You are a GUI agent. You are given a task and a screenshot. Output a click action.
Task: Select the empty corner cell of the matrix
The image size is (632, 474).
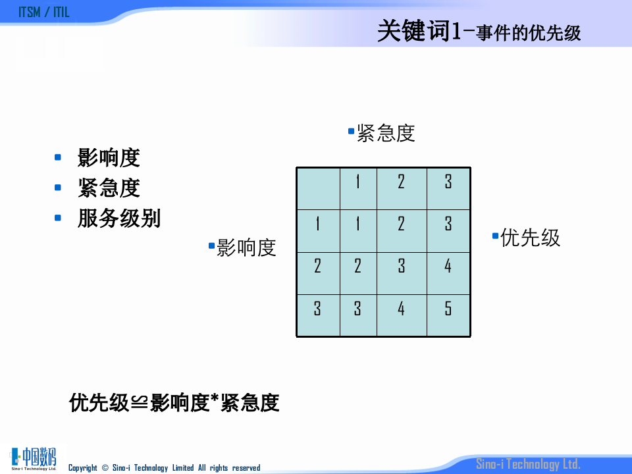pyautogui.click(x=318, y=188)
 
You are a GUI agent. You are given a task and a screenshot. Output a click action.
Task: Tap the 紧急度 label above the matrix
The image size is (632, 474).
pyautogui.click(x=386, y=133)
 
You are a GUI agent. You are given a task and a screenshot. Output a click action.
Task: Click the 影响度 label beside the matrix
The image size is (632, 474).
pyautogui.click(x=246, y=248)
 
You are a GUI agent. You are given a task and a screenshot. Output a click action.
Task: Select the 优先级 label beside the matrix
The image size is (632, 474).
pyautogui.click(x=530, y=237)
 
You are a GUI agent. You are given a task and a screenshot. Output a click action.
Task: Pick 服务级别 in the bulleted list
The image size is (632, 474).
pyautogui.click(x=118, y=219)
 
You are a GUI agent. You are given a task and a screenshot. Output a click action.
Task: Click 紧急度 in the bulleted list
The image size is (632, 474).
pyautogui.click(x=109, y=188)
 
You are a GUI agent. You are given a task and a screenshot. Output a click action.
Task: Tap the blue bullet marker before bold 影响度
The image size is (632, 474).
pyautogui.click(x=58, y=157)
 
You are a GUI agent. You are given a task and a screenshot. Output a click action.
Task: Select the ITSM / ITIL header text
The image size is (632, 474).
pyautogui.click(x=43, y=13)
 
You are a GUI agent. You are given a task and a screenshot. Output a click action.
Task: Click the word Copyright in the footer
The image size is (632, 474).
pyautogui.click(x=83, y=468)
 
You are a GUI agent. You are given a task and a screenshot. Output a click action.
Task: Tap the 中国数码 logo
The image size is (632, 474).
pyautogui.click(x=34, y=458)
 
